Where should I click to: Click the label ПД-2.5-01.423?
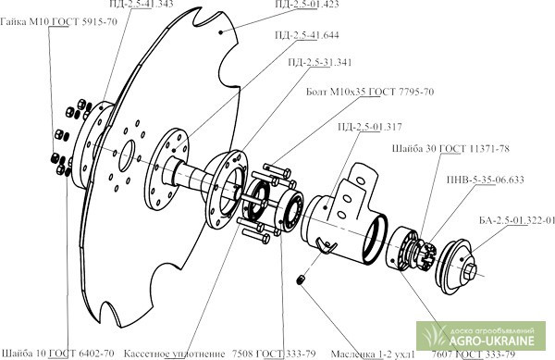(307, 5)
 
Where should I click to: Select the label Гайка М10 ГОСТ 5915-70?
(59, 22)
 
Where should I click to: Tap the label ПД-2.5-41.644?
(307, 35)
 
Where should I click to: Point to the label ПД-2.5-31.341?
(320, 62)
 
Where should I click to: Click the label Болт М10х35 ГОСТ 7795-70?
(370, 92)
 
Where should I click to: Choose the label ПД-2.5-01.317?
(370, 127)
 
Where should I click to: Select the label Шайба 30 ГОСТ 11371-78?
(450, 148)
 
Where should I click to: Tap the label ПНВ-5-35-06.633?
(486, 180)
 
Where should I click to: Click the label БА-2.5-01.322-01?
(517, 220)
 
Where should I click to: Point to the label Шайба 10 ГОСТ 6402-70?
(58, 354)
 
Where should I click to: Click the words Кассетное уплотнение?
(174, 354)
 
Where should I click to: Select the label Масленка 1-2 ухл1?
(373, 354)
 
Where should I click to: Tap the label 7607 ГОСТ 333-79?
(474, 354)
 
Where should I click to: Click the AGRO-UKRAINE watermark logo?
(481, 336)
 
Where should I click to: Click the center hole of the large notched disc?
(127, 156)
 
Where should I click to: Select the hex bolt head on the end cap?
(469, 272)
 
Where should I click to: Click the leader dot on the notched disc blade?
(220, 32)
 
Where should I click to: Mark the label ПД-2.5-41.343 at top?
(141, 4)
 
